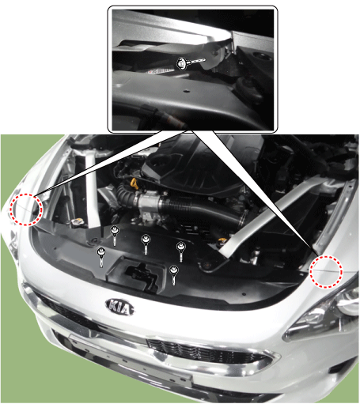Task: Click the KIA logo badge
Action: (x=120, y=307)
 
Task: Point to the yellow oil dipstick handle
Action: (x=135, y=184)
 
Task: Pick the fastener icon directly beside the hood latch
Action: (x=174, y=275)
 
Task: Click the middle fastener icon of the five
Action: (x=146, y=244)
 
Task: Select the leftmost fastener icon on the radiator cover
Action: (x=101, y=257)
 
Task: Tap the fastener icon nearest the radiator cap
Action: (x=115, y=236)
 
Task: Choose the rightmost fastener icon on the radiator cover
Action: (x=181, y=251)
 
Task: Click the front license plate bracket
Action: (x=131, y=358)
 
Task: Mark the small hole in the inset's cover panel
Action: (x=187, y=91)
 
